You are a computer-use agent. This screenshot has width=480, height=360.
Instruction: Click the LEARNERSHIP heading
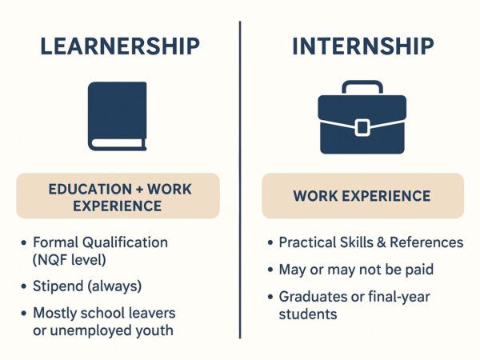(120, 46)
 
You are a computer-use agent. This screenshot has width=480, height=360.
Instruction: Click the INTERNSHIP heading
(363, 46)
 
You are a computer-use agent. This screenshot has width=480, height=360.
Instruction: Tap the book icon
(118, 116)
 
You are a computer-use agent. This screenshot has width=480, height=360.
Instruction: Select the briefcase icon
(362, 118)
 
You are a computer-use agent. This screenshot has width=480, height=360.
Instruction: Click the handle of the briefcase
(362, 82)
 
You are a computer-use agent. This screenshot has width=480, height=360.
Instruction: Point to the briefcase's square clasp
(362, 127)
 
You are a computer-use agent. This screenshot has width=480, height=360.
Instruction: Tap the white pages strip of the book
(118, 143)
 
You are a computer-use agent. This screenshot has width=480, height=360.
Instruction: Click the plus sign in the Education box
(139, 189)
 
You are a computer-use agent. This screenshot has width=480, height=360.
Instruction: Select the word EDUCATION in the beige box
(90, 189)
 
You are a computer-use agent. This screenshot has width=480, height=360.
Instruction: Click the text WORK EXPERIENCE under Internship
(362, 196)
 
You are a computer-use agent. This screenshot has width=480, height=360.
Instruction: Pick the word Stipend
(58, 286)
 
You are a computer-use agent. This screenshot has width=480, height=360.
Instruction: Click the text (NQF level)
(69, 260)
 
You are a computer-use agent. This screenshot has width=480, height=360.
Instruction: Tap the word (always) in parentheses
(114, 286)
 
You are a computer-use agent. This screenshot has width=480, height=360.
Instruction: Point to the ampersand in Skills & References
(382, 242)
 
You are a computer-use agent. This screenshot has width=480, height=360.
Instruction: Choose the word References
(426, 242)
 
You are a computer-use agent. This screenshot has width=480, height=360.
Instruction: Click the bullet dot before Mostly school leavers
(24, 314)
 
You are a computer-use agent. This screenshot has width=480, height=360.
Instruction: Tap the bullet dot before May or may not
(270, 270)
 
